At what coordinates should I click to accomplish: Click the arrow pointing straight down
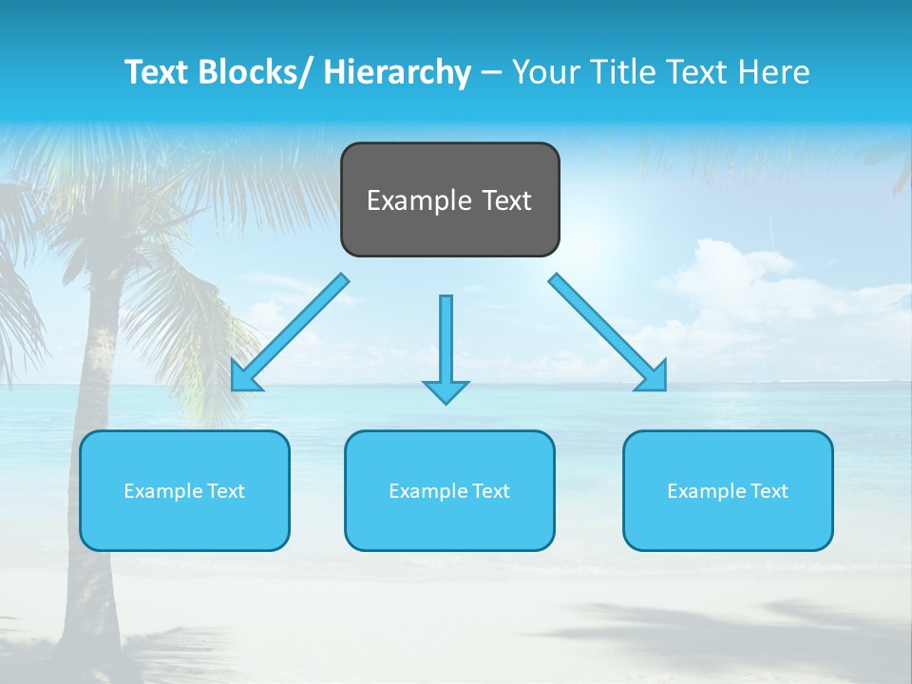tap(446, 342)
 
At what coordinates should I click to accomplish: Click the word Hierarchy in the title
tap(397, 72)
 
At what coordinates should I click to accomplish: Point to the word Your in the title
tap(543, 72)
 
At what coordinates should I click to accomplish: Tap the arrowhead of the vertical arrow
tap(446, 390)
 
